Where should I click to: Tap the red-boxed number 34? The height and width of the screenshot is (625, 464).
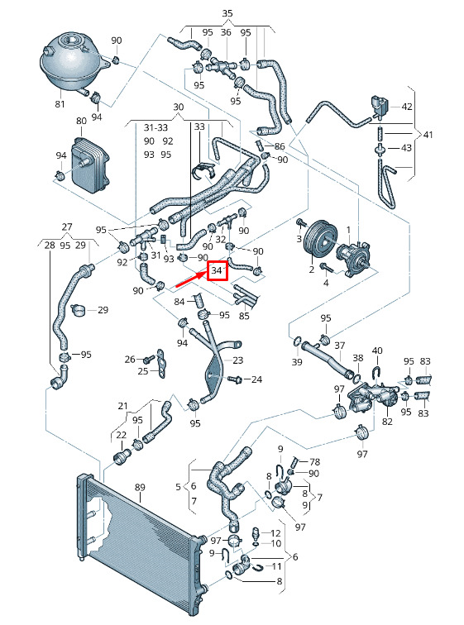217,270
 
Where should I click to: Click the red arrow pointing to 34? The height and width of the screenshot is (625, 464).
191,279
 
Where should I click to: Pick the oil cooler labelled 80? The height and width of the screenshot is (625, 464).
90,165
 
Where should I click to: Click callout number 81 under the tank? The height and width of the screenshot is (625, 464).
60,104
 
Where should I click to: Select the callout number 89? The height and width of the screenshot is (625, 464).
140,487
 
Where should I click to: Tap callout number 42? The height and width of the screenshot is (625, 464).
407,107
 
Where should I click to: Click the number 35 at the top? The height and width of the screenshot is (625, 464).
227,13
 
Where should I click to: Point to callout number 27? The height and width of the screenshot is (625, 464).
67,227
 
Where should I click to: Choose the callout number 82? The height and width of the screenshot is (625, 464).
387,422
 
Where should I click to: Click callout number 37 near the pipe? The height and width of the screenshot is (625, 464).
340,346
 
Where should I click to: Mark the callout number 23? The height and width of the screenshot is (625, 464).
237,360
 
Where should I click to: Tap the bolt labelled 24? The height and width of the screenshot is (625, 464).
234,379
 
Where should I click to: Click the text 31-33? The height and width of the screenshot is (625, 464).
155,127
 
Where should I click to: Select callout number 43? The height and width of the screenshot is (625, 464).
406,148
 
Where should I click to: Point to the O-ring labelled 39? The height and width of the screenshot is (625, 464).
296,341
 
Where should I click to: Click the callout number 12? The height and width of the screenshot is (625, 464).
276,533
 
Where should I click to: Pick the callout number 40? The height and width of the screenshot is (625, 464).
377,351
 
